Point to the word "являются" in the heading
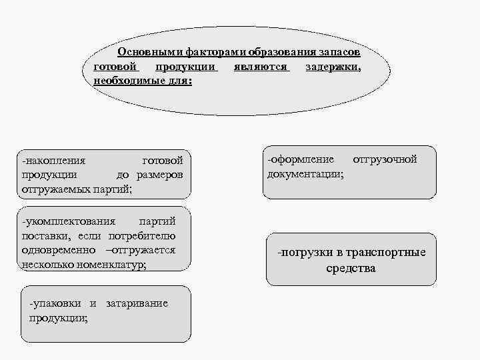261,67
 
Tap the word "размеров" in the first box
159,175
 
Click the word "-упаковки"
56,303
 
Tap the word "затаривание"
137,303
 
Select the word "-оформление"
301,159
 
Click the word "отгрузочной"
385,159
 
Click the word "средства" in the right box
351,269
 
